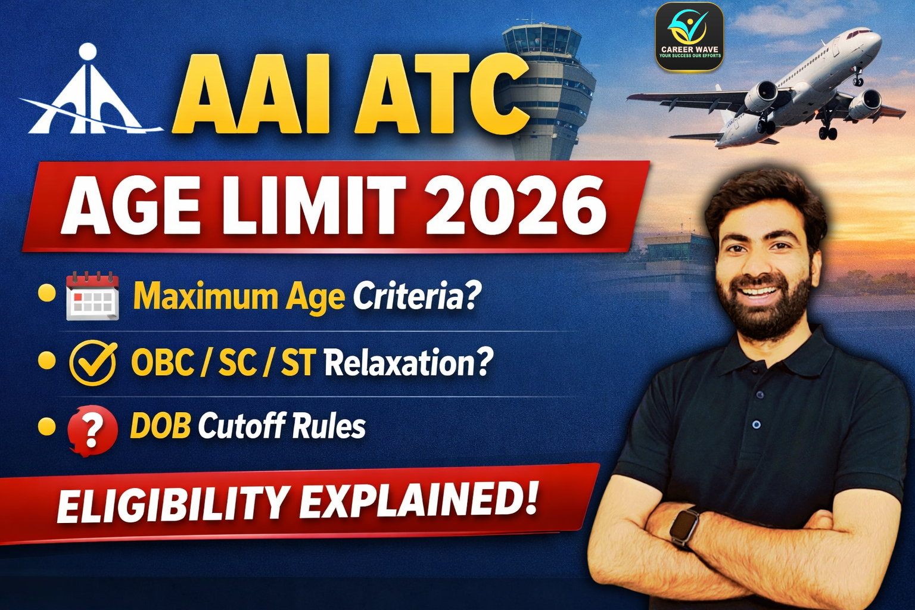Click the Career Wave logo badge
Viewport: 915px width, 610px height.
tap(689, 37)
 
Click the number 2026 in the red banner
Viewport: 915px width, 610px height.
tap(516, 206)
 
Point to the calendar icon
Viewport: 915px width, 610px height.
tap(92, 296)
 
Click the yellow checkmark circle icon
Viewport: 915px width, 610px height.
tap(93, 362)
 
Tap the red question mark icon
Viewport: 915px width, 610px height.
tap(92, 430)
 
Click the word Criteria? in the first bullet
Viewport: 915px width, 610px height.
tap(416, 296)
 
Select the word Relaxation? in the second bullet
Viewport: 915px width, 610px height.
tap(409, 362)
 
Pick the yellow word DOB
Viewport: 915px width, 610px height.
tap(160, 426)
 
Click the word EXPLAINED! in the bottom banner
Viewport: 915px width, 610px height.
tap(419, 500)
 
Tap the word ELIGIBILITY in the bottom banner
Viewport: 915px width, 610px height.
tap(173, 505)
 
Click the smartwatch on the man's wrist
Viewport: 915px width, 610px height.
tap(684, 525)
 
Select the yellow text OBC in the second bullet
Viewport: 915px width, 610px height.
tap(163, 362)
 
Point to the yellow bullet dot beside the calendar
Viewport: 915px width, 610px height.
tap(46, 293)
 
